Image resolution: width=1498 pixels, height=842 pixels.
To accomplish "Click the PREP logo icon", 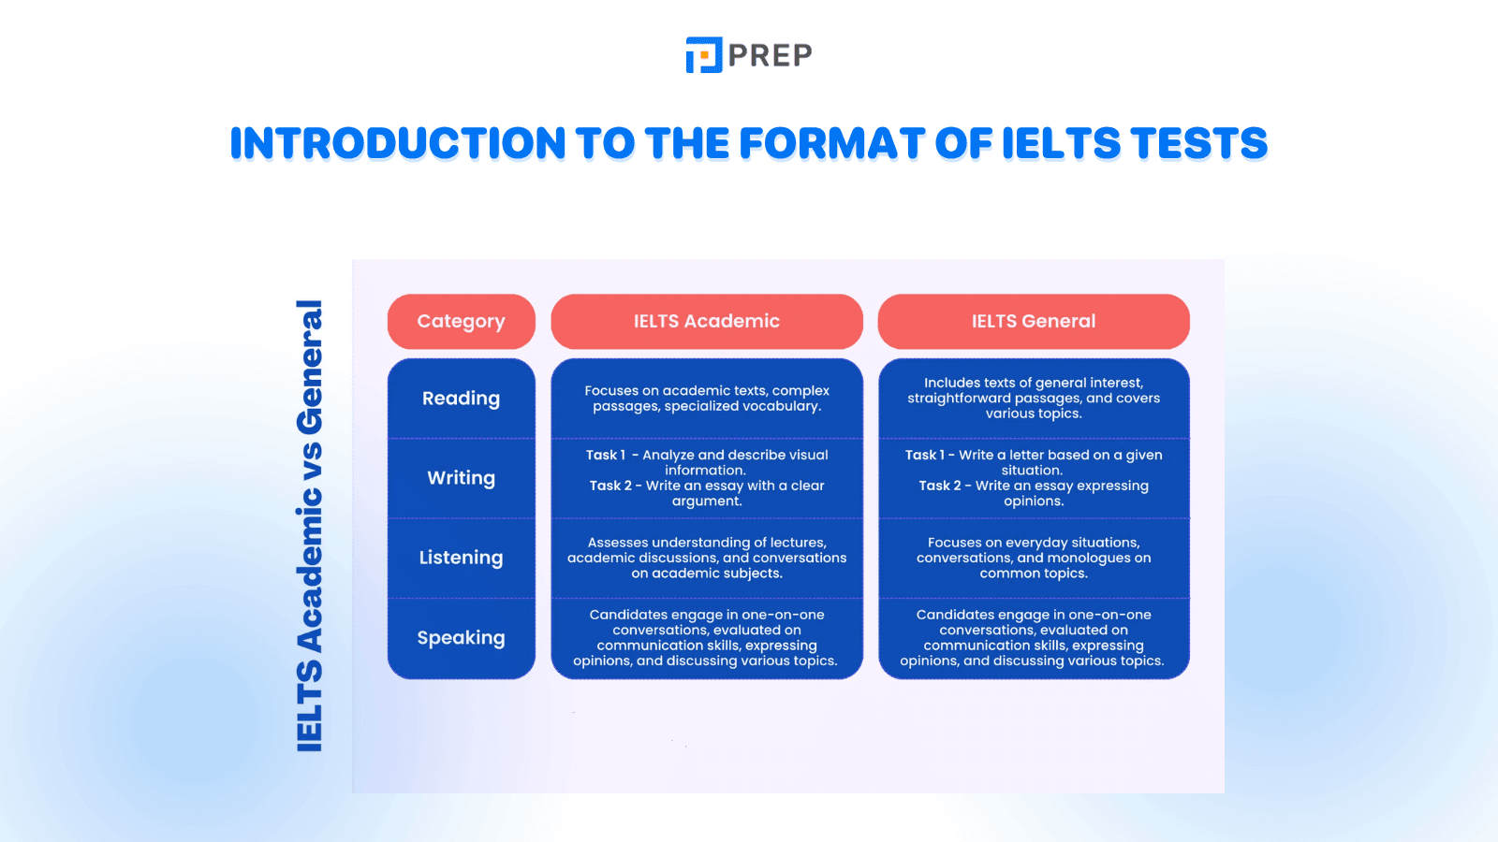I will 703,55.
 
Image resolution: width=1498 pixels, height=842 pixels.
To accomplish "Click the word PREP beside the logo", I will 770,56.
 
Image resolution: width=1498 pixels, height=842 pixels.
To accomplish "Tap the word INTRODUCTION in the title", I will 398,143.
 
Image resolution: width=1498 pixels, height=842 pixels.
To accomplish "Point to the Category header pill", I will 461,321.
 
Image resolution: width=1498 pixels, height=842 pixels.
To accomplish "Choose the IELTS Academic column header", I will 706,321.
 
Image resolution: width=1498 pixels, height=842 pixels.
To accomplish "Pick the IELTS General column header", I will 1033,321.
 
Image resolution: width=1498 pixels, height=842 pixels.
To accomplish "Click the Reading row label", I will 461,399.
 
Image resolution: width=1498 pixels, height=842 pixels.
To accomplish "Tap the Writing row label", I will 461,478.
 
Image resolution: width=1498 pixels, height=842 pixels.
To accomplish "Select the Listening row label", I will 461,558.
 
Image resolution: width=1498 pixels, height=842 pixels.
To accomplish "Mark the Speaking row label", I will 461,638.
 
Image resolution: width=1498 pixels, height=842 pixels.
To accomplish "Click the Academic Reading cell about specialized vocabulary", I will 706,399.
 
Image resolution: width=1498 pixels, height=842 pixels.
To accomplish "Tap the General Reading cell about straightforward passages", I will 1033,399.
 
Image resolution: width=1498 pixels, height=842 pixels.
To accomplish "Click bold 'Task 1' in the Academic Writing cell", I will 606,455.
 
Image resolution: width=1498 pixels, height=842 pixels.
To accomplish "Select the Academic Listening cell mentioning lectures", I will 706,558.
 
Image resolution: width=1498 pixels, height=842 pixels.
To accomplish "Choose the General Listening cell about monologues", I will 1033,558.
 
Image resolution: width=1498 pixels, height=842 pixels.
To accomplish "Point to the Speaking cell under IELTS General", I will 1033,638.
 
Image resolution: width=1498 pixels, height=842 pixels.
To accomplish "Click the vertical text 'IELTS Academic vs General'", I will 310,526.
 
